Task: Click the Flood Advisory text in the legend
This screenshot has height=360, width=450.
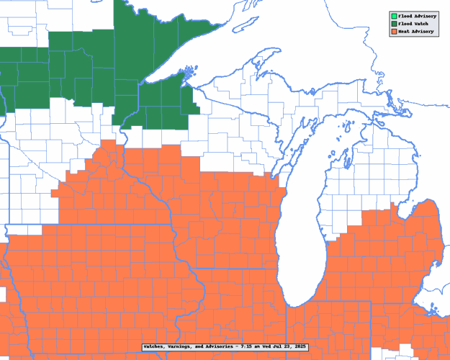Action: (417, 15)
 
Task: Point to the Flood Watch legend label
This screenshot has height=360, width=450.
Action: (413, 24)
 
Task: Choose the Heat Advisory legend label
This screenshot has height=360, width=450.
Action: (415, 32)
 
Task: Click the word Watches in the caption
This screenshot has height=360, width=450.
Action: (155, 347)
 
